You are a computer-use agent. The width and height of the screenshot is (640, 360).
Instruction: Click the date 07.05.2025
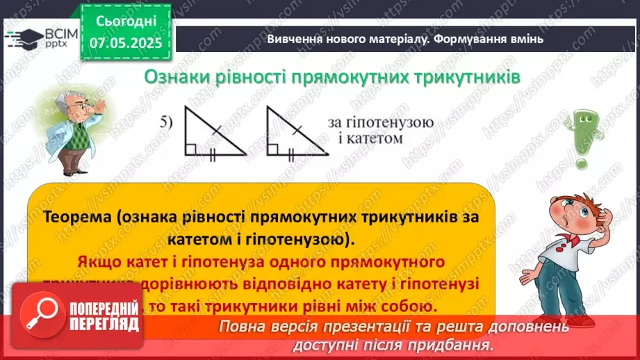click(125, 42)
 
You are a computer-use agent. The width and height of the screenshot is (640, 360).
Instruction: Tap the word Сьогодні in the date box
click(125, 21)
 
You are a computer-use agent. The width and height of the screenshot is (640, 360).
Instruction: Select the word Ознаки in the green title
click(174, 78)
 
